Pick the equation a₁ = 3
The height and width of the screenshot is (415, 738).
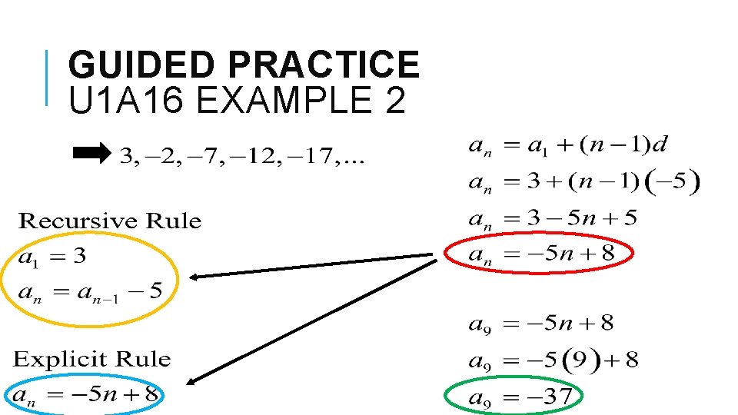pyautogui.click(x=52, y=257)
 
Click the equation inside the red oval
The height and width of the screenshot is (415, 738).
pyautogui.click(x=541, y=254)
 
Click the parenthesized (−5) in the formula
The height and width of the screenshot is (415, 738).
pyautogui.click(x=674, y=182)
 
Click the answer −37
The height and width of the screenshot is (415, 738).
pyautogui.click(x=550, y=398)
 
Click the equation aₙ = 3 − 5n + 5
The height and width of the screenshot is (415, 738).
pyautogui.click(x=552, y=219)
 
